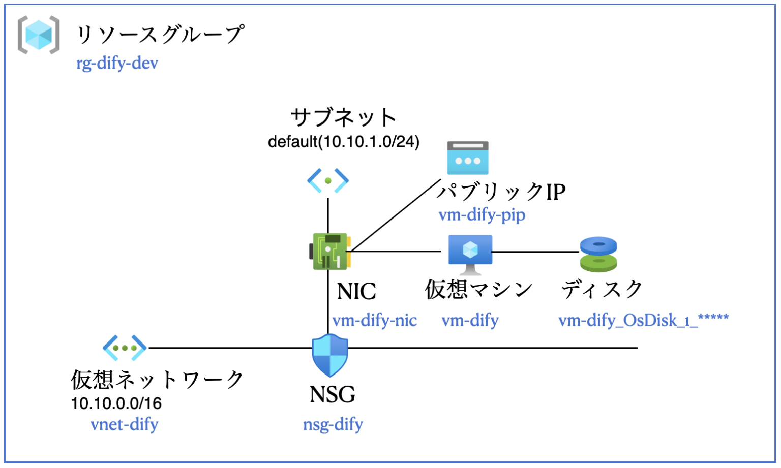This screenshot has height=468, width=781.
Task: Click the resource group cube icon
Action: pyautogui.click(x=39, y=35)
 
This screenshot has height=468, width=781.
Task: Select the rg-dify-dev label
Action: pyautogui.click(x=117, y=64)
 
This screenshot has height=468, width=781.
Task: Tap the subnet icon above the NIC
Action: pyautogui.click(x=328, y=180)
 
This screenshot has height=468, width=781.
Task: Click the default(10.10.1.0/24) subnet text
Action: pyautogui.click(x=344, y=142)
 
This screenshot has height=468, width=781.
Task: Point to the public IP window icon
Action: pyautogui.click(x=467, y=158)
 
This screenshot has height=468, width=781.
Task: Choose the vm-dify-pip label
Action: pyautogui.click(x=482, y=215)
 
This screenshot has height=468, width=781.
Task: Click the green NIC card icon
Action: pyautogui.click(x=329, y=251)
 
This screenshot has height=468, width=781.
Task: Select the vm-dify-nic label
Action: pyautogui.click(x=375, y=321)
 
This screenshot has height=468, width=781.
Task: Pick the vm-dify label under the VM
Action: pyautogui.click(x=470, y=321)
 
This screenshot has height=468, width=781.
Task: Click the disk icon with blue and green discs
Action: pyautogui.click(x=598, y=254)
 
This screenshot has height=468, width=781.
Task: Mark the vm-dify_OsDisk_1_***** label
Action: pyautogui.click(x=643, y=321)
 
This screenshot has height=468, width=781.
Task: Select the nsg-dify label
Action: pyautogui.click(x=333, y=424)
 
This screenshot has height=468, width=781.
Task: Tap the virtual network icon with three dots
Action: pyautogui.click(x=125, y=348)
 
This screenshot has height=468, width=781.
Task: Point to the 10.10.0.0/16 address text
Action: pyautogui.click(x=116, y=403)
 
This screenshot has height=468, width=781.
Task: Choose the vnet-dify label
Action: pyautogui.click(x=125, y=424)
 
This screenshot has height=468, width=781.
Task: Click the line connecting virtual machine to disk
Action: pyautogui.click(x=536, y=252)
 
